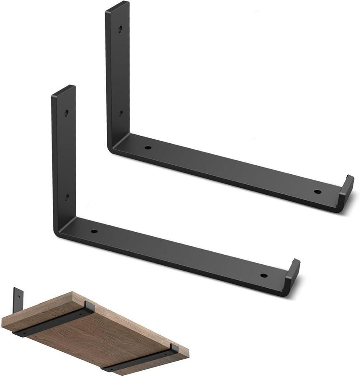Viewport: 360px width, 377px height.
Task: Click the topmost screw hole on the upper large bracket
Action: [x=120, y=30]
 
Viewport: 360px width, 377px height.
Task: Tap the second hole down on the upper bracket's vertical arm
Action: [x=120, y=113]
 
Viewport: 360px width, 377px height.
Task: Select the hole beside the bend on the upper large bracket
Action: [x=147, y=148]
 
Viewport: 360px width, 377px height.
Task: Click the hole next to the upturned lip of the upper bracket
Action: [x=318, y=192]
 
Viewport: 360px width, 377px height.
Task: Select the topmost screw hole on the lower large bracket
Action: [x=67, y=113]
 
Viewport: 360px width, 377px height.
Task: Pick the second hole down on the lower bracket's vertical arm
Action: [x=67, y=196]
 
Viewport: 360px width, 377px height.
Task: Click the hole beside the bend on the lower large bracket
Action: [x=94, y=231]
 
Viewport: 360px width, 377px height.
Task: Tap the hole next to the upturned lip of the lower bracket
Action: [x=264, y=276]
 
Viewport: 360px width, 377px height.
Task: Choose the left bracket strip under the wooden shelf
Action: [x=50, y=323]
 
